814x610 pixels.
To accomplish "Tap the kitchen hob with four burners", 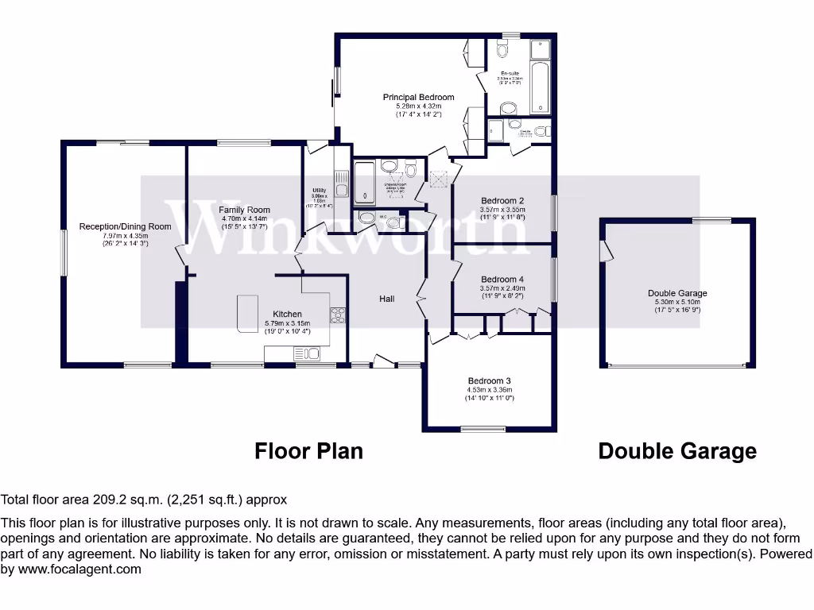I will (338, 315).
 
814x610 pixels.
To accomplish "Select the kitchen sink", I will (305, 354).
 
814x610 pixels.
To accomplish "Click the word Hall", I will (386, 299).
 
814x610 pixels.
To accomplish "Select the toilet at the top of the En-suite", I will (502, 49).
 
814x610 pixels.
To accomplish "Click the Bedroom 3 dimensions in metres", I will (489, 389).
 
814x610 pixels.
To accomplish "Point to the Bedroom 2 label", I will (502, 201).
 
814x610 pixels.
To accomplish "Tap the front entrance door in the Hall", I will (384, 362).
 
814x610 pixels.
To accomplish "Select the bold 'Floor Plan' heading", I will (308, 451).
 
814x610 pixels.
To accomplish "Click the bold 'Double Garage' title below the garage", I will (676, 451).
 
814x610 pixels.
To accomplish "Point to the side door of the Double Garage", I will (607, 250).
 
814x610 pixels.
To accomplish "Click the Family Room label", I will (244, 210).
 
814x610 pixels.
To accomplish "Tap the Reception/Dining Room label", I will (125, 226).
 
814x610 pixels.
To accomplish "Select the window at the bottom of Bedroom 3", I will (483, 430).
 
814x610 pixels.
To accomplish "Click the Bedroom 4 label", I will (502, 280).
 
